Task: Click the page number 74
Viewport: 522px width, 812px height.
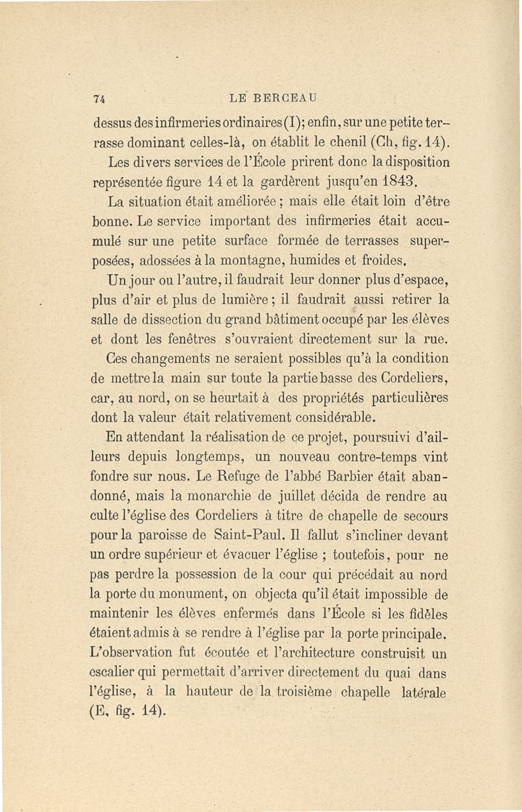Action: pos(100,99)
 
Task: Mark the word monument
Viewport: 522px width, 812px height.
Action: pos(186,595)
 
